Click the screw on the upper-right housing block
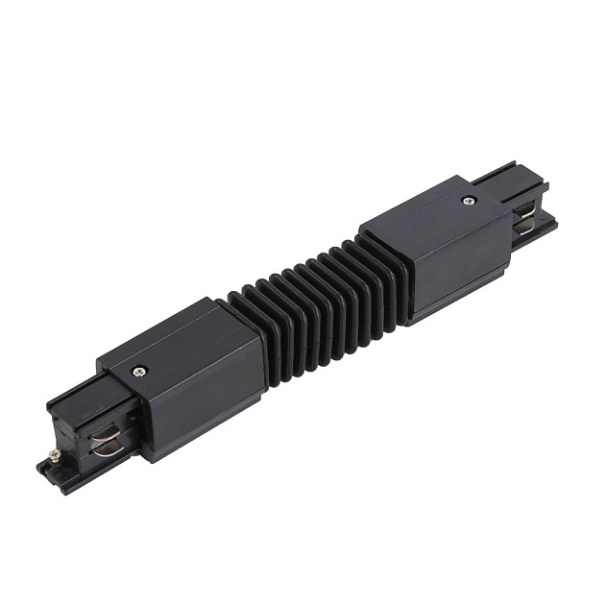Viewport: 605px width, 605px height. pos(468,200)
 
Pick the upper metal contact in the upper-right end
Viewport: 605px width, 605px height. pos(527,211)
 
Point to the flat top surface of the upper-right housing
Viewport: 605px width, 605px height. pos(432,211)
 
